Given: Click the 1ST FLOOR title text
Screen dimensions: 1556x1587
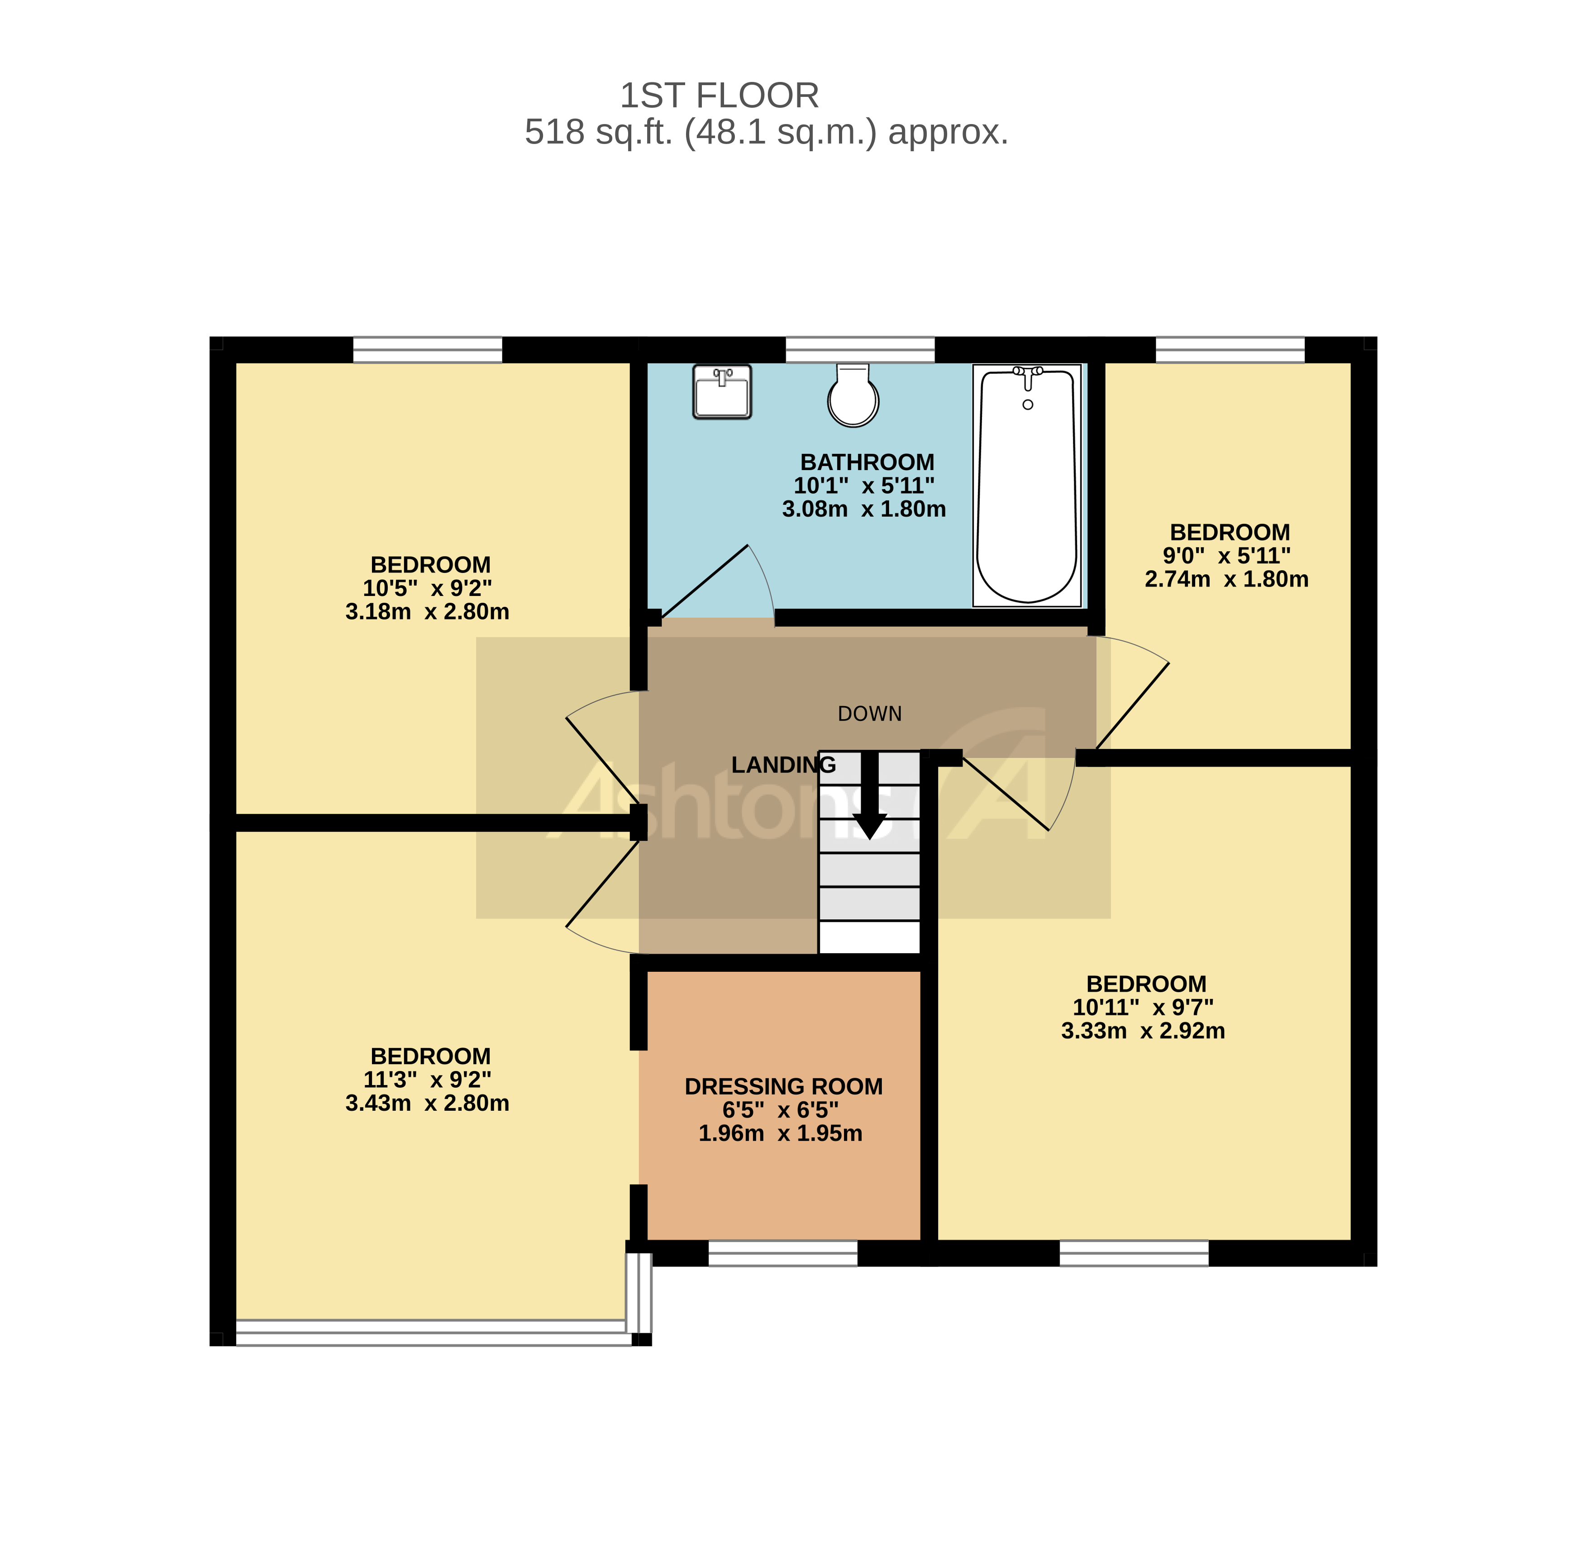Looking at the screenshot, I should click(719, 96).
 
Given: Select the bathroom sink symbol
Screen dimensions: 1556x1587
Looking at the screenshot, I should click(721, 391).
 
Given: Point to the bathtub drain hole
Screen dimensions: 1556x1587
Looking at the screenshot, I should click(1028, 404).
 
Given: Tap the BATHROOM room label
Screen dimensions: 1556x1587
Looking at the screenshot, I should click(867, 462).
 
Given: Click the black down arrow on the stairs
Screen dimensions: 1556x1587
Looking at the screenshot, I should click(870, 797).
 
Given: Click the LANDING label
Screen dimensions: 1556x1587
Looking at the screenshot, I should click(782, 765).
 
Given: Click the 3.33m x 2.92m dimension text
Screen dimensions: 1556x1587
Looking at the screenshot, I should click(1143, 1031).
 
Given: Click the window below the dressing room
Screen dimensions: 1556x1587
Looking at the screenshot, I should click(782, 1253).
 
